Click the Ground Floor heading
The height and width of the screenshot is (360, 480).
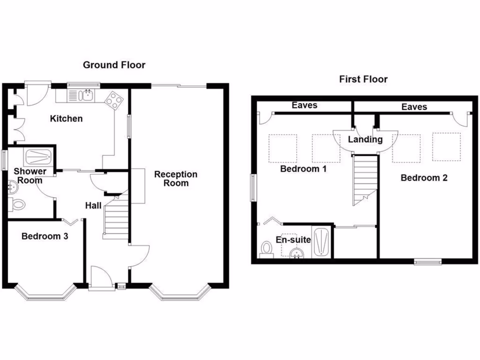[x=114, y=65]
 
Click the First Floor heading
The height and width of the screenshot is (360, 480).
[x=363, y=79]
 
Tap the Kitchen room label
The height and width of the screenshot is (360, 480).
[x=66, y=119]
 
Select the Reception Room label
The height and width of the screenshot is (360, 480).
[x=176, y=179]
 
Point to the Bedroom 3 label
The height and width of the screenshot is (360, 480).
[x=45, y=236]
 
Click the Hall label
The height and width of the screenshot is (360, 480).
[x=93, y=205]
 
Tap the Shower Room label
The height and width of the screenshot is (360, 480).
[x=30, y=176]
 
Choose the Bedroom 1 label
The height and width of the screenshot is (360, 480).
[x=303, y=169]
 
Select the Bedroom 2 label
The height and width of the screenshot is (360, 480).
[x=424, y=178]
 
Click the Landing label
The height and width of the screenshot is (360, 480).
[x=365, y=139]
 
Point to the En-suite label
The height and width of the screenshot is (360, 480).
[x=293, y=240]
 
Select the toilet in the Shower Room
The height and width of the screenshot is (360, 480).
[x=18, y=204]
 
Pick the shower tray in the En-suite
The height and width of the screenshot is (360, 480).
[x=322, y=242]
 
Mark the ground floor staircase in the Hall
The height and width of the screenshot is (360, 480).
[x=115, y=217]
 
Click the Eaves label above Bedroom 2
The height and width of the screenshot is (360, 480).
[x=414, y=107]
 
